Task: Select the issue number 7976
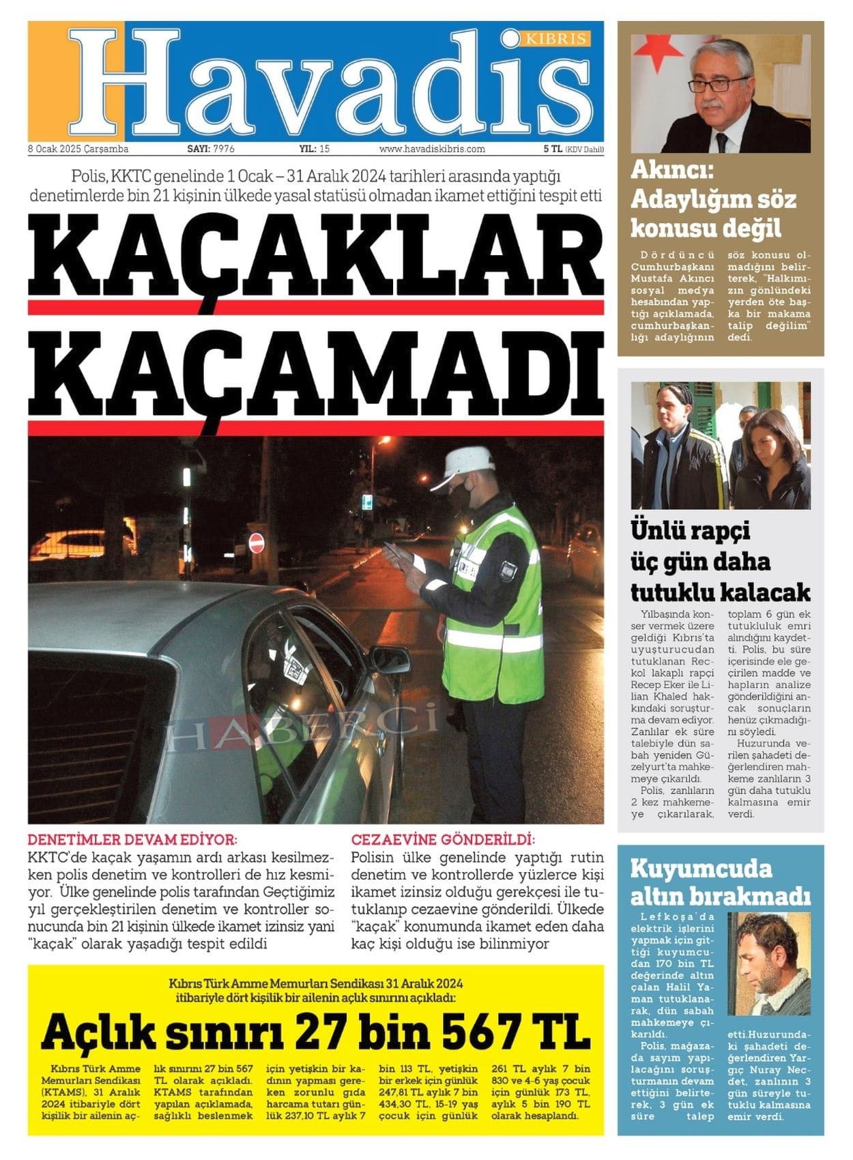coord(224,149)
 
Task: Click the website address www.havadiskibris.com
coord(432,149)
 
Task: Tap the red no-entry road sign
coord(257,543)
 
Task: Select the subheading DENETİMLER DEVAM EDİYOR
coord(132,839)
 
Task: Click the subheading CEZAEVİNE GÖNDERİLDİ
coord(443,839)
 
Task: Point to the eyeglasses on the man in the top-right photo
coord(719,85)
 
